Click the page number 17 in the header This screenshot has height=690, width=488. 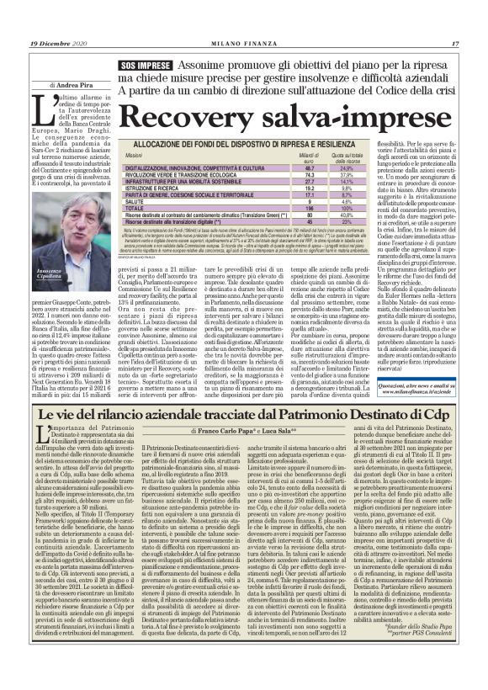tap(454, 44)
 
